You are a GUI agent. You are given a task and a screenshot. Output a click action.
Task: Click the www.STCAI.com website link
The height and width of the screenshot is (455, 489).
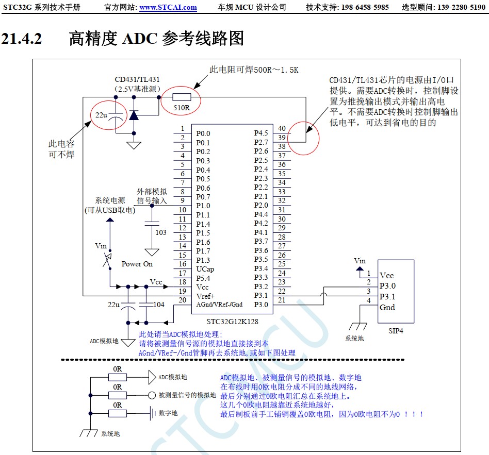click(x=168, y=7)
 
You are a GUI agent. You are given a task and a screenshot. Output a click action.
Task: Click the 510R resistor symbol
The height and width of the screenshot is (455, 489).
click(x=181, y=97)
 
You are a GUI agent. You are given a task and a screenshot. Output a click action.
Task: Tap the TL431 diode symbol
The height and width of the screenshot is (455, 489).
click(x=134, y=115)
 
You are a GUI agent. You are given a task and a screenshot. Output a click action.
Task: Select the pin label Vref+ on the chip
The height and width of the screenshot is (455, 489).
click(x=205, y=296)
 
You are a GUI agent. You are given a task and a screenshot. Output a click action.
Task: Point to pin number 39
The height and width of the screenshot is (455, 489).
click(x=282, y=138)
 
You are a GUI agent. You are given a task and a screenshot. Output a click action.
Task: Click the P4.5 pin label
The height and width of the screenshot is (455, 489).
click(x=261, y=133)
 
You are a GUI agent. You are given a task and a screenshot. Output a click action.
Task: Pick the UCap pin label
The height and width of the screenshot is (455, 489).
click(x=205, y=269)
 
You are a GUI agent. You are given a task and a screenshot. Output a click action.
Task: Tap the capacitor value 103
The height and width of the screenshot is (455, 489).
click(x=161, y=232)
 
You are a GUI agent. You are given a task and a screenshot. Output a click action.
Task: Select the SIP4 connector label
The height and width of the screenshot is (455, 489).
click(x=396, y=330)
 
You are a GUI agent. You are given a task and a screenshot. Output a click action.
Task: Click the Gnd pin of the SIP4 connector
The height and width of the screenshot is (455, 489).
click(x=387, y=308)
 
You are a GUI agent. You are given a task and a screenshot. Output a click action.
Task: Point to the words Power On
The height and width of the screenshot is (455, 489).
click(x=137, y=264)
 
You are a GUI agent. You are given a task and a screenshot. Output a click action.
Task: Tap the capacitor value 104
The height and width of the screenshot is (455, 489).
click(x=159, y=305)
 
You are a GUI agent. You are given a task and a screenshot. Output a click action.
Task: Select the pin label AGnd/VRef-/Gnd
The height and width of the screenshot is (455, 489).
click(x=219, y=305)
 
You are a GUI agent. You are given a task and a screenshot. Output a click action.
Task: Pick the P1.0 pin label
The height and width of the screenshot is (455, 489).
click(x=203, y=206)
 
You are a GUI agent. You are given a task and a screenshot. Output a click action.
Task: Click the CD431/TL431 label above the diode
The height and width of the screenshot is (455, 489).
click(x=137, y=79)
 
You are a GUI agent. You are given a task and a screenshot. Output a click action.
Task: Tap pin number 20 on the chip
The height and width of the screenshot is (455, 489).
click(x=182, y=300)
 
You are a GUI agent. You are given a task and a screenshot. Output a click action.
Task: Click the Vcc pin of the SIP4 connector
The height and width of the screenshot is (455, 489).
click(x=387, y=276)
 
